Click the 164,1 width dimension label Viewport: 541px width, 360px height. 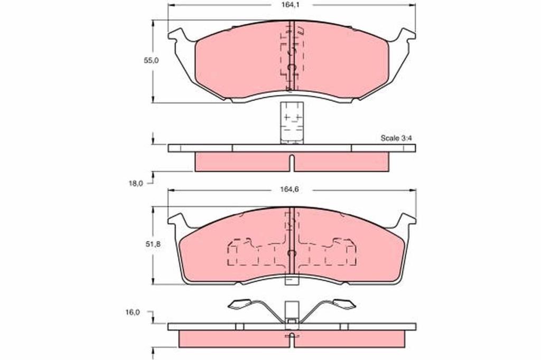click(292, 5)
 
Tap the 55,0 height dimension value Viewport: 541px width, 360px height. click(151, 60)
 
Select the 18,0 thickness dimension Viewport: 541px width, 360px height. click(135, 184)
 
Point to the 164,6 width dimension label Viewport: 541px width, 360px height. click(292, 190)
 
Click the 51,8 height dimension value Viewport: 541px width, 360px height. click(152, 244)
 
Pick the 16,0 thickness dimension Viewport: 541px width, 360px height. click(133, 312)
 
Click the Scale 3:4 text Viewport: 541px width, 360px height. click(396, 138)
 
